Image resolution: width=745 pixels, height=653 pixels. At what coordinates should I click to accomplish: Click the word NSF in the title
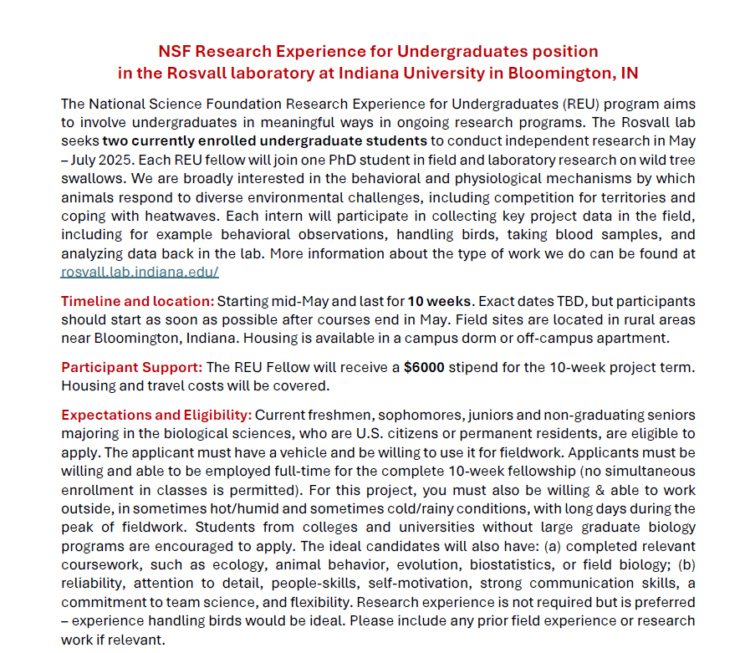coord(176,52)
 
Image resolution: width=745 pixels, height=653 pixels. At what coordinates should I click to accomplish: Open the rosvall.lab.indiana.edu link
coord(140,272)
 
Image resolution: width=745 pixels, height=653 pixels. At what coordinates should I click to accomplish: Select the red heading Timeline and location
coord(137,301)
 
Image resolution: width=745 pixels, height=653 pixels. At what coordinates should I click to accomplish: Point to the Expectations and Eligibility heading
coord(156,416)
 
